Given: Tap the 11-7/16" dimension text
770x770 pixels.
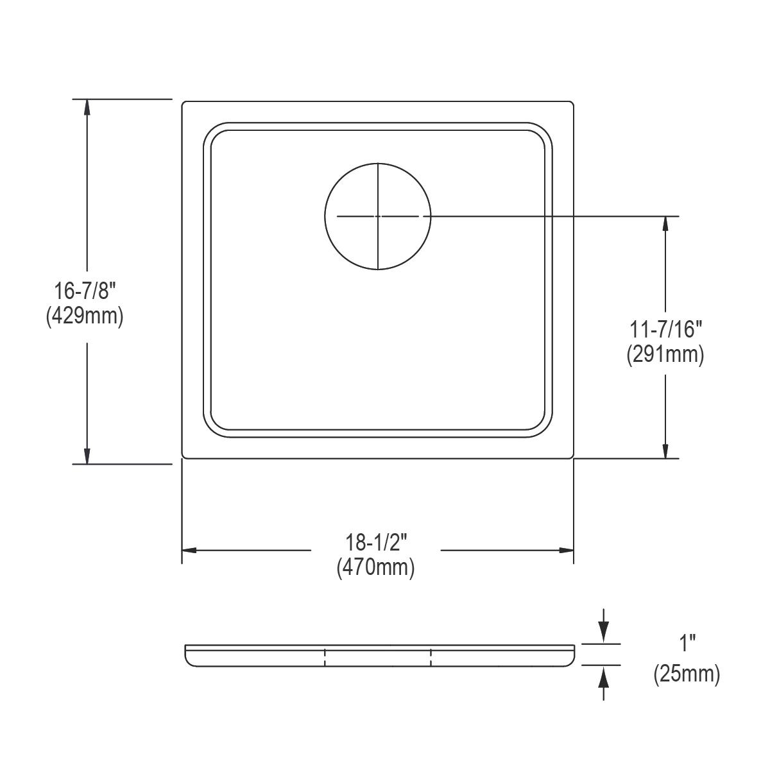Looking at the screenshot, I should pyautogui.click(x=665, y=329).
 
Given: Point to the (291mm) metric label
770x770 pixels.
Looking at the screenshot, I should pyautogui.click(x=665, y=355).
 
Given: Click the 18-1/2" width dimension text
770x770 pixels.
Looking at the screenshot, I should pyautogui.click(x=376, y=543).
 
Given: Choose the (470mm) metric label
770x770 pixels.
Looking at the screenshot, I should pyautogui.click(x=376, y=568).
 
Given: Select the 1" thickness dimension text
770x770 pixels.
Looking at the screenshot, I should pyautogui.click(x=687, y=642).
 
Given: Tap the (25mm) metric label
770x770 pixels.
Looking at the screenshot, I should pyautogui.click(x=687, y=674).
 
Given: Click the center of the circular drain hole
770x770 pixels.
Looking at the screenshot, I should pyautogui.click(x=377, y=216).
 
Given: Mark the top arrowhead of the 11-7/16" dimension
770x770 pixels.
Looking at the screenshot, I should pyautogui.click(x=666, y=225).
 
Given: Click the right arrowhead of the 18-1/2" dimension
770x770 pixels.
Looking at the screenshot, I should pyautogui.click(x=565, y=551).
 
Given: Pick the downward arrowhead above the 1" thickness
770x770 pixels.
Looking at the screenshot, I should pyautogui.click(x=603, y=635).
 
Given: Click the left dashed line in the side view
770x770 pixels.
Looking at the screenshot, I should pyautogui.click(x=325, y=658).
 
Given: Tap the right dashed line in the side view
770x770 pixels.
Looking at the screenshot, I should pyautogui.click(x=431, y=658).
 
